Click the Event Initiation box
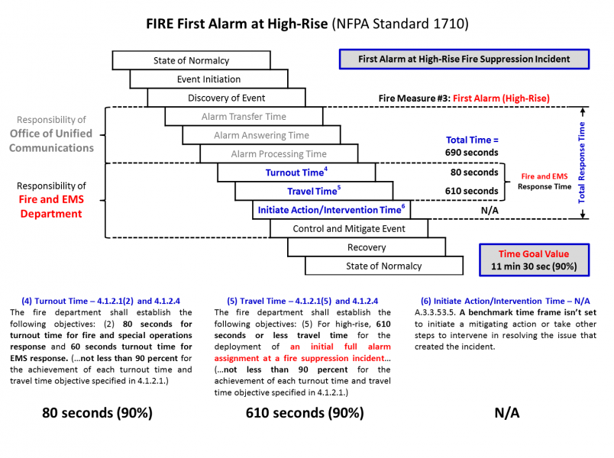click(x=208, y=79)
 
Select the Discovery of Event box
click(x=226, y=98)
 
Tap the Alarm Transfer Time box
click(x=244, y=117)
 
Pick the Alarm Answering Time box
click(x=261, y=135)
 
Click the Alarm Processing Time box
click(x=279, y=154)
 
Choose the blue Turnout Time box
click(x=296, y=173)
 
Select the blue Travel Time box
click(x=314, y=191)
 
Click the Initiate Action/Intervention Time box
click(x=331, y=210)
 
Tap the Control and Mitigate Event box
click(x=349, y=228)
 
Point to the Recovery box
click(x=367, y=247)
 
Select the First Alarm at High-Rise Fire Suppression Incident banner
click(x=464, y=60)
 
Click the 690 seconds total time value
click(x=472, y=153)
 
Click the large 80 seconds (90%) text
click(x=97, y=413)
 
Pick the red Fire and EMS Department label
click(x=50, y=207)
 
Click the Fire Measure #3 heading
click(x=464, y=98)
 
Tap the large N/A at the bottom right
click(x=507, y=413)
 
